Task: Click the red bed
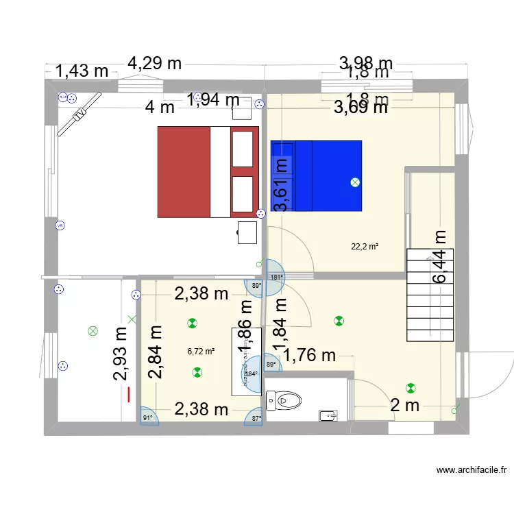tap(208, 171)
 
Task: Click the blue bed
tap(316, 176)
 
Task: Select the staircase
tap(430, 295)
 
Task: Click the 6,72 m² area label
tap(201, 352)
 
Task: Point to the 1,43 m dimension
tap(82, 70)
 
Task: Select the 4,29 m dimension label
tap(155, 64)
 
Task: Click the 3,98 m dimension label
tap(366, 64)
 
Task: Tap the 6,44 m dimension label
tap(439, 256)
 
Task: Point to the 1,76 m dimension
tap(309, 355)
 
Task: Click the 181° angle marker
tap(276, 278)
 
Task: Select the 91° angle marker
tap(147, 416)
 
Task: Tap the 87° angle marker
tap(256, 417)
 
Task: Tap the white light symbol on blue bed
tap(354, 182)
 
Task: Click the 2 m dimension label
tap(404, 406)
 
